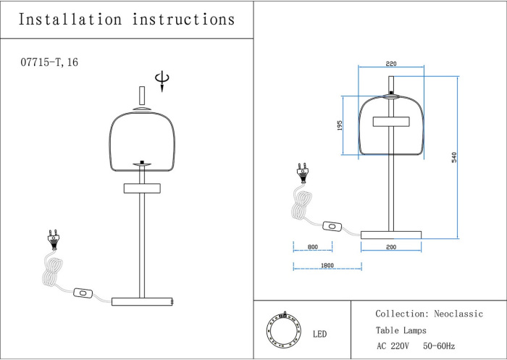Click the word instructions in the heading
184,20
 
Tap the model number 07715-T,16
50,64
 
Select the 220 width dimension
391,63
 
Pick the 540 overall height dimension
454,156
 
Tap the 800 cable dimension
313,247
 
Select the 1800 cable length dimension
326,266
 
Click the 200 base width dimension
391,247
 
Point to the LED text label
319,335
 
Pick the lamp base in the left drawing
142,301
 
